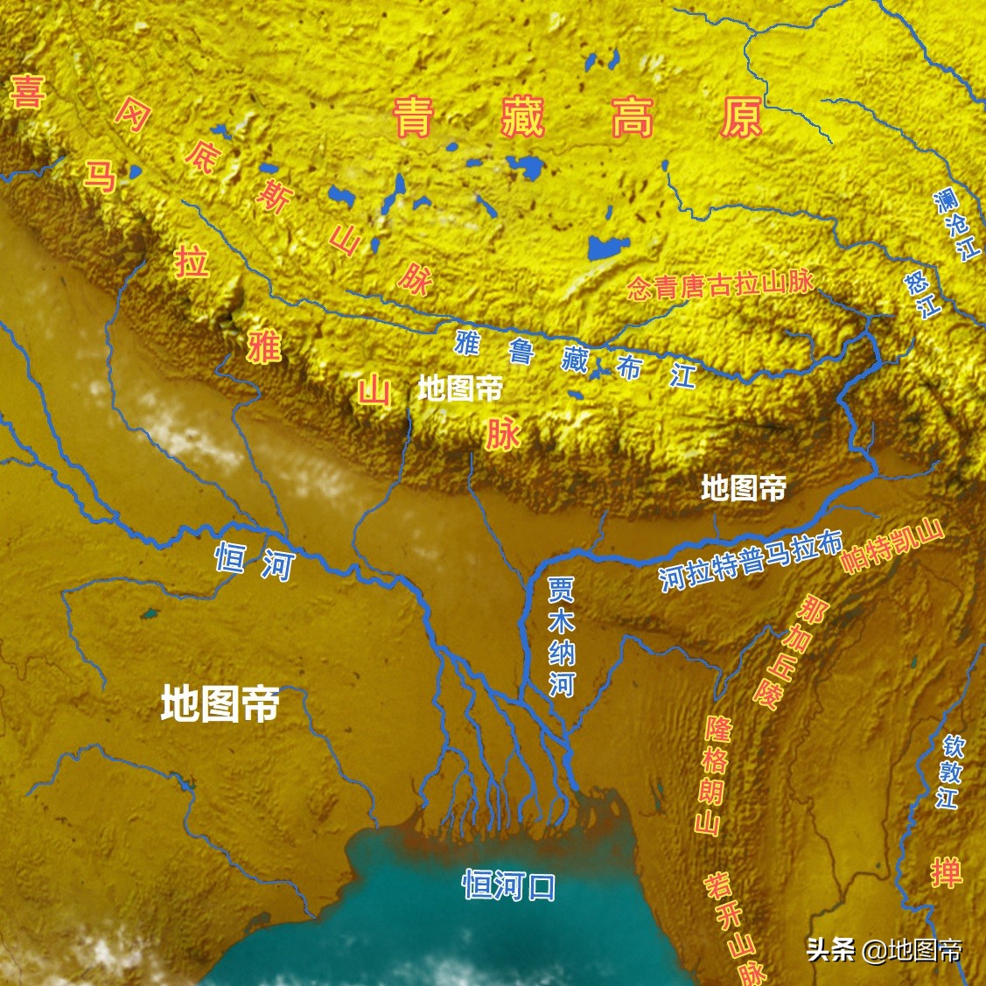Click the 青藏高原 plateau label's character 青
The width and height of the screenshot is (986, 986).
412,117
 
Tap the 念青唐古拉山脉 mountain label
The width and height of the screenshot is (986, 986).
721,285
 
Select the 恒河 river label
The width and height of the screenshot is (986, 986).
255,561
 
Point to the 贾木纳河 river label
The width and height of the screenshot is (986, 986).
561,636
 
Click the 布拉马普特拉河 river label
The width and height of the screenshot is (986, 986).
751,561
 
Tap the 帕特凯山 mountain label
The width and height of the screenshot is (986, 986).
892,546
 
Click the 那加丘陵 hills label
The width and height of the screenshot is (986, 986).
784,652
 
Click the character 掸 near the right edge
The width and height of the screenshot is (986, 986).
946,872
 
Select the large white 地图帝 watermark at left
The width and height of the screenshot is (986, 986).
220,703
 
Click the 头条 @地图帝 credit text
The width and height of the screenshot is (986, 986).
884,949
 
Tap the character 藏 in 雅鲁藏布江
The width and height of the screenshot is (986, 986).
575,358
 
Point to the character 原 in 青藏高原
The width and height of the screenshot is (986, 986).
741,117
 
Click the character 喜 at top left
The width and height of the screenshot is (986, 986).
27,91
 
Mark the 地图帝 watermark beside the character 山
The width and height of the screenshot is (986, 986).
459,388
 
